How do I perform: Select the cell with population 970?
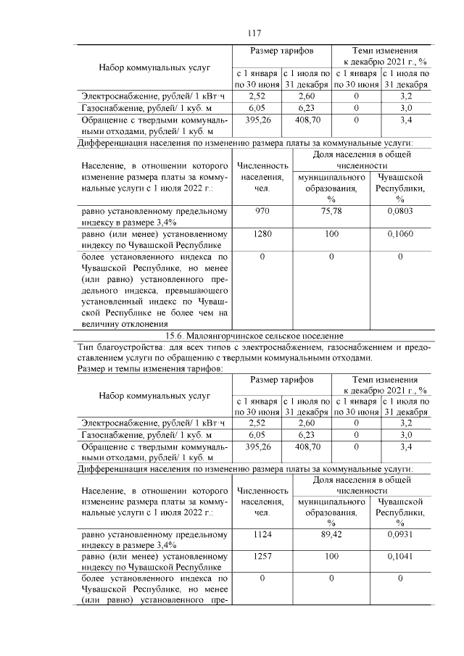tap(260, 212)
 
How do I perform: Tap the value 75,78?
tap(331, 212)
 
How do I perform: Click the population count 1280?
tap(260, 235)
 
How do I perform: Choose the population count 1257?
tap(260, 558)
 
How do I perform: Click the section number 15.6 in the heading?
tap(176, 336)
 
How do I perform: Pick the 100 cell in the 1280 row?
tap(331, 235)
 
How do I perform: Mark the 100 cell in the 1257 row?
tap(331, 558)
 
